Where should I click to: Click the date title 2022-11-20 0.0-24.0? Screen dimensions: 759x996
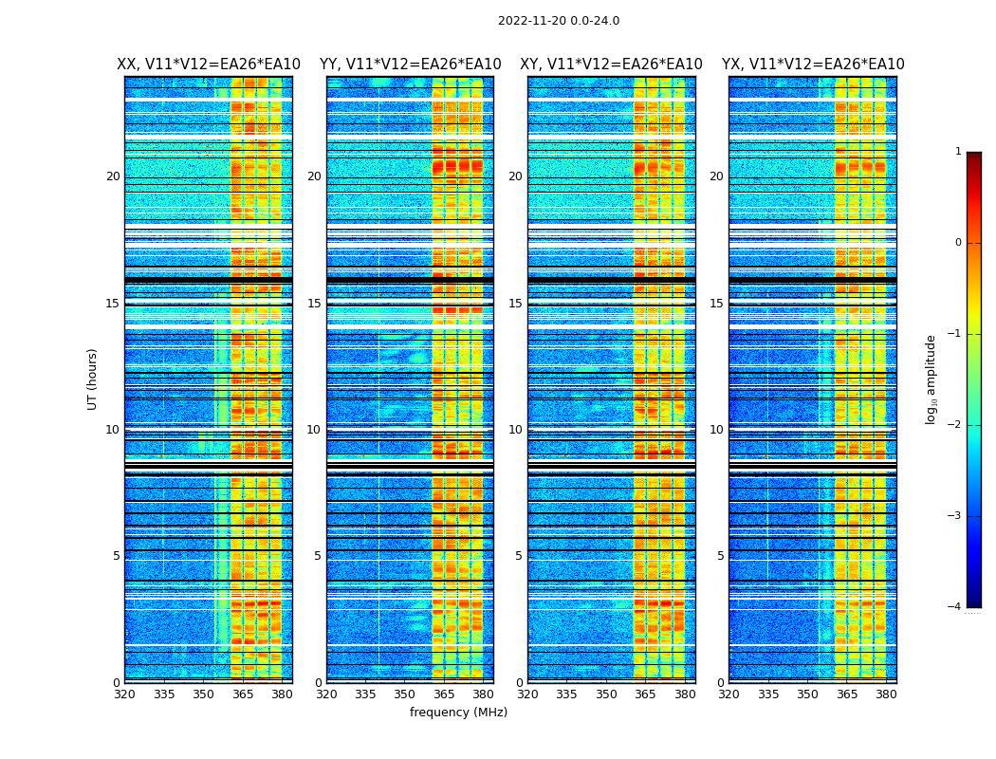pos(559,21)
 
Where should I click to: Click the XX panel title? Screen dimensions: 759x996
pos(209,65)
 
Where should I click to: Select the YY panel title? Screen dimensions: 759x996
pos(410,65)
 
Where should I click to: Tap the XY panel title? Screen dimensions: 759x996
pos(611,65)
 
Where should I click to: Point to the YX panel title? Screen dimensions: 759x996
pos(813,65)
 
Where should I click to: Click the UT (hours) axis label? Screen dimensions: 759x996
pos(93,379)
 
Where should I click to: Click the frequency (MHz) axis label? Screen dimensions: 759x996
pos(458,713)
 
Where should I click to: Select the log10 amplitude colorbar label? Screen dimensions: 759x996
pos(931,379)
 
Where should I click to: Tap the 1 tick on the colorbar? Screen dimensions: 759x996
pos(958,152)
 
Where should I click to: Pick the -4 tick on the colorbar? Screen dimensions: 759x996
pos(955,607)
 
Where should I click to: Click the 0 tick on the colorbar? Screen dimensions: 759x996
pos(958,243)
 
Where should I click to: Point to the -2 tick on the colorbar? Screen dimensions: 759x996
pos(955,425)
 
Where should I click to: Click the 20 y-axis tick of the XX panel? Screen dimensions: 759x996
pos(113,176)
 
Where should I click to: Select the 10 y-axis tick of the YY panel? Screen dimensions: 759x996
pos(314,430)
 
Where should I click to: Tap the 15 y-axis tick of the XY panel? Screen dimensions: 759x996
pos(515,304)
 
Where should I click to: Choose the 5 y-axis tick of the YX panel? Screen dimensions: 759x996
pos(720,556)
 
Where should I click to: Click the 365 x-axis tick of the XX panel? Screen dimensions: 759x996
pos(242,694)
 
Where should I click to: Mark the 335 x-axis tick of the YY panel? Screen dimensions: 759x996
pos(365,694)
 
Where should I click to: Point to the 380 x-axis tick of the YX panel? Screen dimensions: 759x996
pos(886,694)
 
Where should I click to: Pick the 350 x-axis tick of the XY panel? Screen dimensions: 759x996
pos(606,694)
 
